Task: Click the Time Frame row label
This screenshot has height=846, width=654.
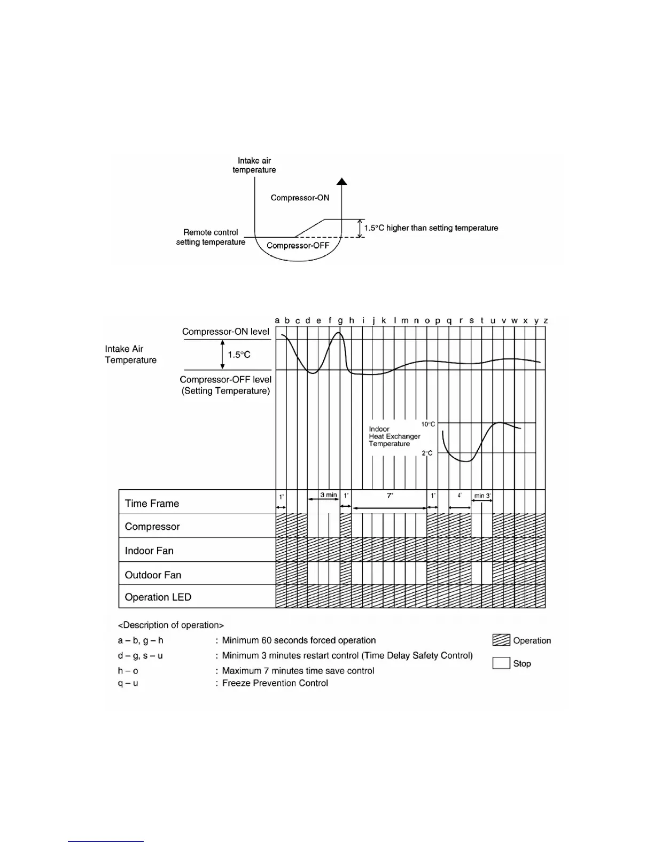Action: click(x=152, y=504)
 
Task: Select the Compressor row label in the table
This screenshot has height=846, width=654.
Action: click(x=152, y=527)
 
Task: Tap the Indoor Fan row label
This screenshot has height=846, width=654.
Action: click(x=149, y=551)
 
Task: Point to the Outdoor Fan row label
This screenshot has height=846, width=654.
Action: click(x=153, y=575)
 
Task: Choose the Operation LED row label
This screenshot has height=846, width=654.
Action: click(x=158, y=597)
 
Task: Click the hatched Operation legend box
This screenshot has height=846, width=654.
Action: click(x=501, y=640)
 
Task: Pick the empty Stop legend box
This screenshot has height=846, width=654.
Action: click(x=501, y=663)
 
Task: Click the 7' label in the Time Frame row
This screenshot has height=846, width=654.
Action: click(x=390, y=496)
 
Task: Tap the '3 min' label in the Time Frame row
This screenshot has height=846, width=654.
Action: click(x=329, y=495)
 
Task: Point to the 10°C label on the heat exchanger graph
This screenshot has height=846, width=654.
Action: click(x=428, y=424)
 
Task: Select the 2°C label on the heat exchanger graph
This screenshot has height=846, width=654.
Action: click(x=427, y=453)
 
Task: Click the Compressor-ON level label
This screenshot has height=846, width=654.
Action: click(x=225, y=332)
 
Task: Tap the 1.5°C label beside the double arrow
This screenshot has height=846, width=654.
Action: click(x=239, y=355)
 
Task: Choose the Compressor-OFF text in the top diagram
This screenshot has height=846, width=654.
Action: click(x=298, y=246)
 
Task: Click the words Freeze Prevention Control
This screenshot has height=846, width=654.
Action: click(x=275, y=683)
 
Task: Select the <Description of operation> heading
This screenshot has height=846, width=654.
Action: click(x=171, y=625)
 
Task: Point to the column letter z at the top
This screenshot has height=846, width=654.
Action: click(x=546, y=321)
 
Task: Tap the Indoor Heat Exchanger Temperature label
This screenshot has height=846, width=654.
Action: click(x=394, y=436)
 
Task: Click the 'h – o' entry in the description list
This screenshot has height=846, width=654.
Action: click(x=128, y=671)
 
